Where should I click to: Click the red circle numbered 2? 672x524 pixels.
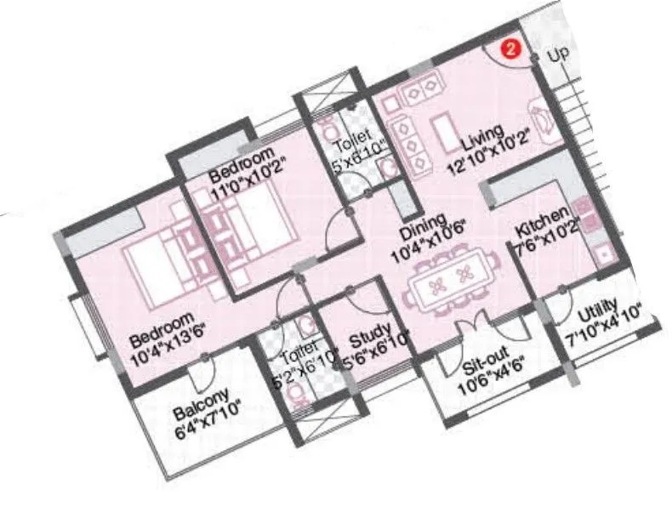coord(510,48)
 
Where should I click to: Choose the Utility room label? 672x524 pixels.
coord(599,316)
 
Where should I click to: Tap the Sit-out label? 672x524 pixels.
coord(481,367)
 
